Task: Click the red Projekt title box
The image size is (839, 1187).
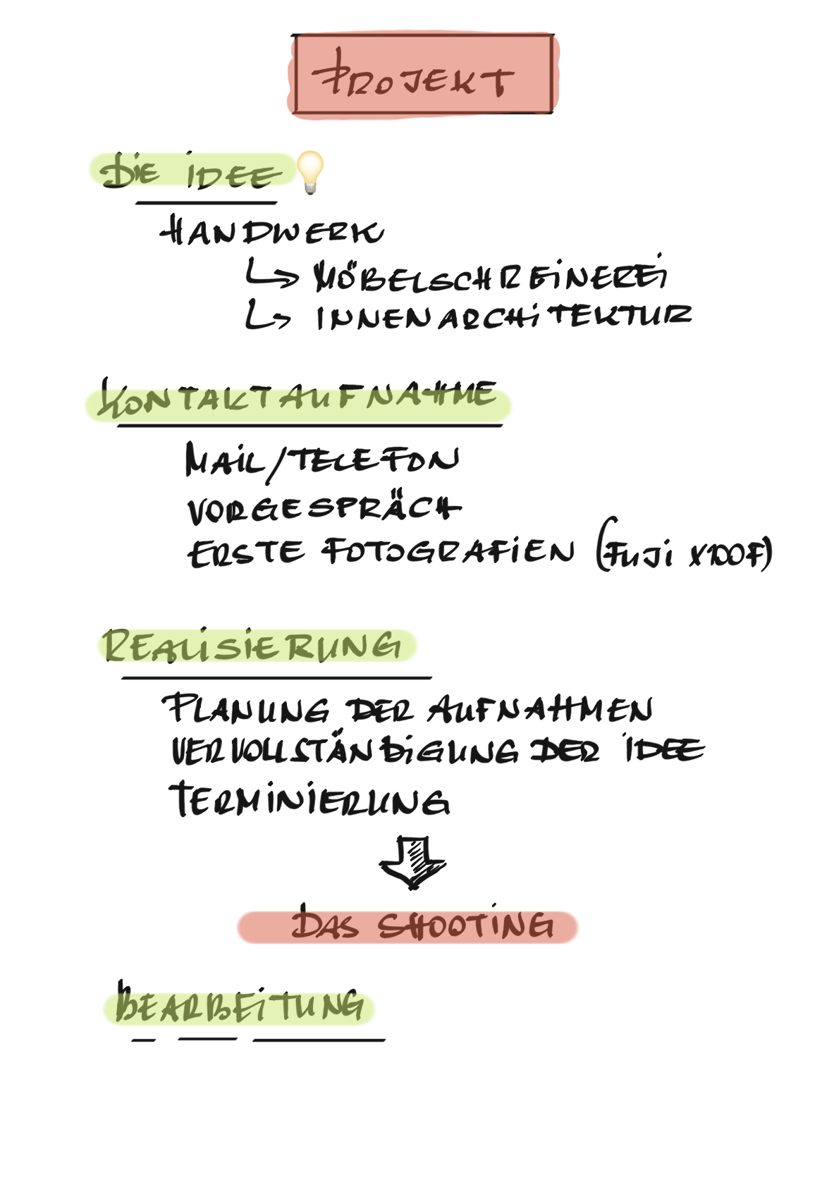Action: [423, 75]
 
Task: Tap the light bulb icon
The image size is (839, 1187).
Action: [310, 171]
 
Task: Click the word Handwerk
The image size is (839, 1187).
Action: [272, 232]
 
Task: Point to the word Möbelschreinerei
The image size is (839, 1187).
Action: [489, 276]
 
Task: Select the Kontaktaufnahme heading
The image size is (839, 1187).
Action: [298, 402]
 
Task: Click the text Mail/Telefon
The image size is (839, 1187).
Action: [321, 461]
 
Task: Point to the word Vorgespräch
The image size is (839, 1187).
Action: [324, 508]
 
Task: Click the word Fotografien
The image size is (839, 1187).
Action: [448, 552]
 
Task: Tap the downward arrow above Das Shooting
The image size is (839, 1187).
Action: [412, 862]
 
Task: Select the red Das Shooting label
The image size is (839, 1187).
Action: [408, 927]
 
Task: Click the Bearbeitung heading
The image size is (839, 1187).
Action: [240, 1006]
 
